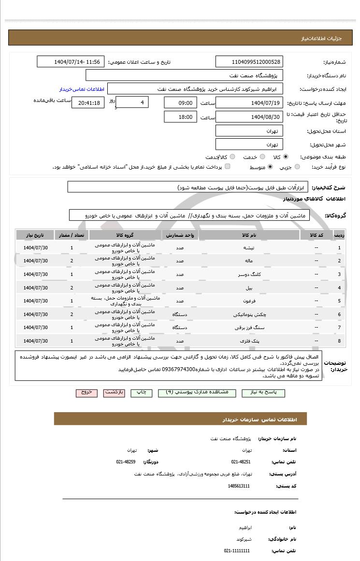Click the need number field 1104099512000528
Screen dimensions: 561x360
click(249, 62)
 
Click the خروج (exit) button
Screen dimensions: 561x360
click(86, 392)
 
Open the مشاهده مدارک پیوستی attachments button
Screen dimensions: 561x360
click(197, 392)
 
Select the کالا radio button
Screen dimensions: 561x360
click(286, 157)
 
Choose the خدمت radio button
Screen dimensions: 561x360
click(262, 157)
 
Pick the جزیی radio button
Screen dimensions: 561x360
click(297, 167)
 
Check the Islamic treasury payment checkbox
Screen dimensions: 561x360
click(228, 167)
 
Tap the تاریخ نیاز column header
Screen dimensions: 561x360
click(35, 235)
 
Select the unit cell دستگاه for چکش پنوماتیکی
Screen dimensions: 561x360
click(179, 314)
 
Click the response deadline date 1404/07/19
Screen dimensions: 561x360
click(249, 103)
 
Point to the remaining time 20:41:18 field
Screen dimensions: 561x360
click(88, 103)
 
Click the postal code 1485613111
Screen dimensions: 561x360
click(239, 486)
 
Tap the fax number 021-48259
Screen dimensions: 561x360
click(126, 461)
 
